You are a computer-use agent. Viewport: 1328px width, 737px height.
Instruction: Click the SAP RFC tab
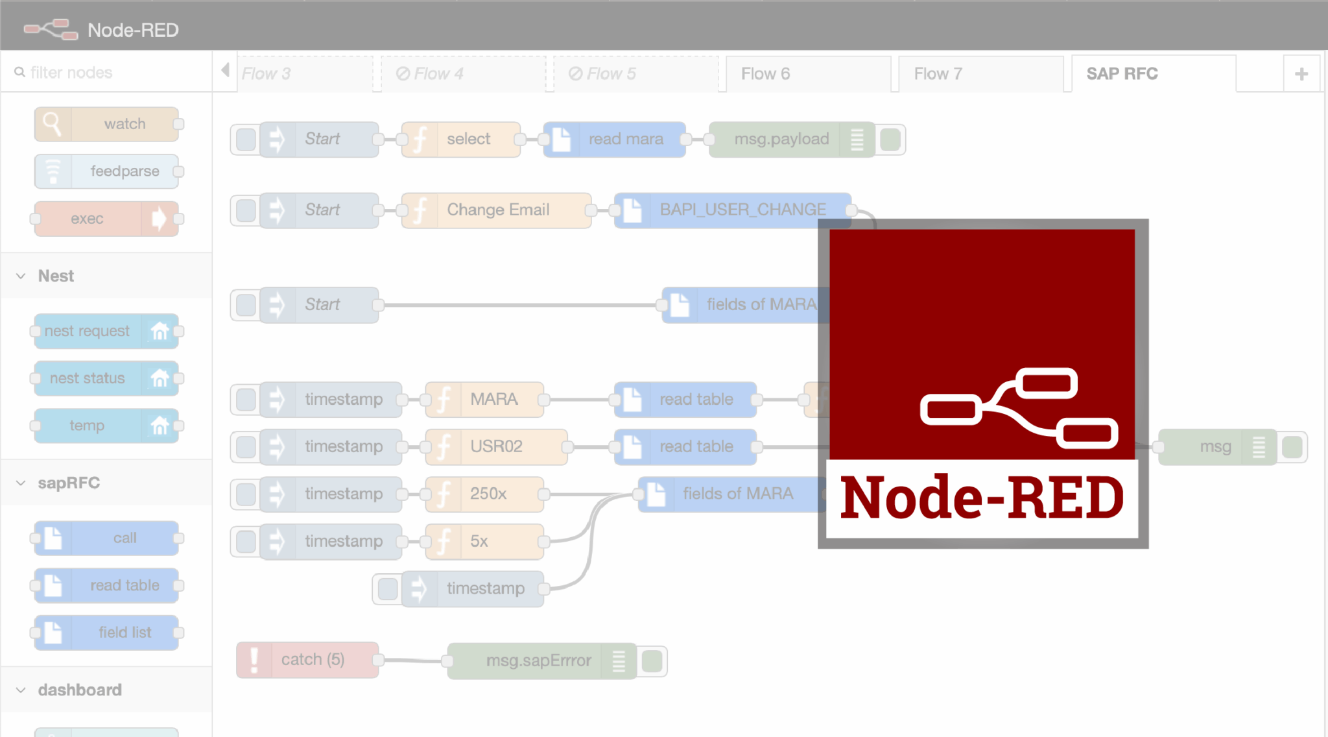[x=1122, y=74]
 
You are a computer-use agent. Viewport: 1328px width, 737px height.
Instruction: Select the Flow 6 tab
[x=766, y=74]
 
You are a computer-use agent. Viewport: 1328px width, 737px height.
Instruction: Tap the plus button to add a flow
[x=1301, y=75]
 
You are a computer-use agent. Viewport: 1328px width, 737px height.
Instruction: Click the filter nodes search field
[x=107, y=73]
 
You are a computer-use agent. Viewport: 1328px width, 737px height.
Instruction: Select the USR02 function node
[x=496, y=447]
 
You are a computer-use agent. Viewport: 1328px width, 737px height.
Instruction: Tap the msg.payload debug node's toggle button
[x=890, y=139]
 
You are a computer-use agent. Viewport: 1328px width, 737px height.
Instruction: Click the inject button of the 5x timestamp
[x=246, y=542]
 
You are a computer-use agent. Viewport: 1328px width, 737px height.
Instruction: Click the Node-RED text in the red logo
[x=982, y=498]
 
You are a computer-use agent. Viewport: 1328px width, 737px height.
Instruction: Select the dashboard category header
[x=80, y=690]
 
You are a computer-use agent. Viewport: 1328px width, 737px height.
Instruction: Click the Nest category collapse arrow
[x=21, y=276]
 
